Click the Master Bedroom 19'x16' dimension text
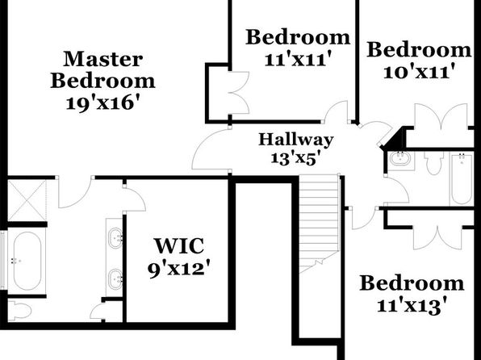[103, 103]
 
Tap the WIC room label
[179, 246]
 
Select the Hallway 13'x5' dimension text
[297, 159]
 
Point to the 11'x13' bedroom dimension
[412, 306]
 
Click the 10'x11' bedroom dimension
[419, 73]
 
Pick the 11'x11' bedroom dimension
[299, 59]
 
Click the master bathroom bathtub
[27, 261]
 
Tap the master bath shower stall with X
[27, 200]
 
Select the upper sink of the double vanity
[115, 237]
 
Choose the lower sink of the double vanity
[115, 279]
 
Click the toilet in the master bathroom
[19, 311]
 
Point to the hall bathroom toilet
[433, 162]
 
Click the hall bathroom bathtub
[462, 179]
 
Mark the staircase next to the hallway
[320, 224]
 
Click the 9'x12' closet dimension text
[179, 269]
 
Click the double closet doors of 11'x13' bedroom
[437, 237]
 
